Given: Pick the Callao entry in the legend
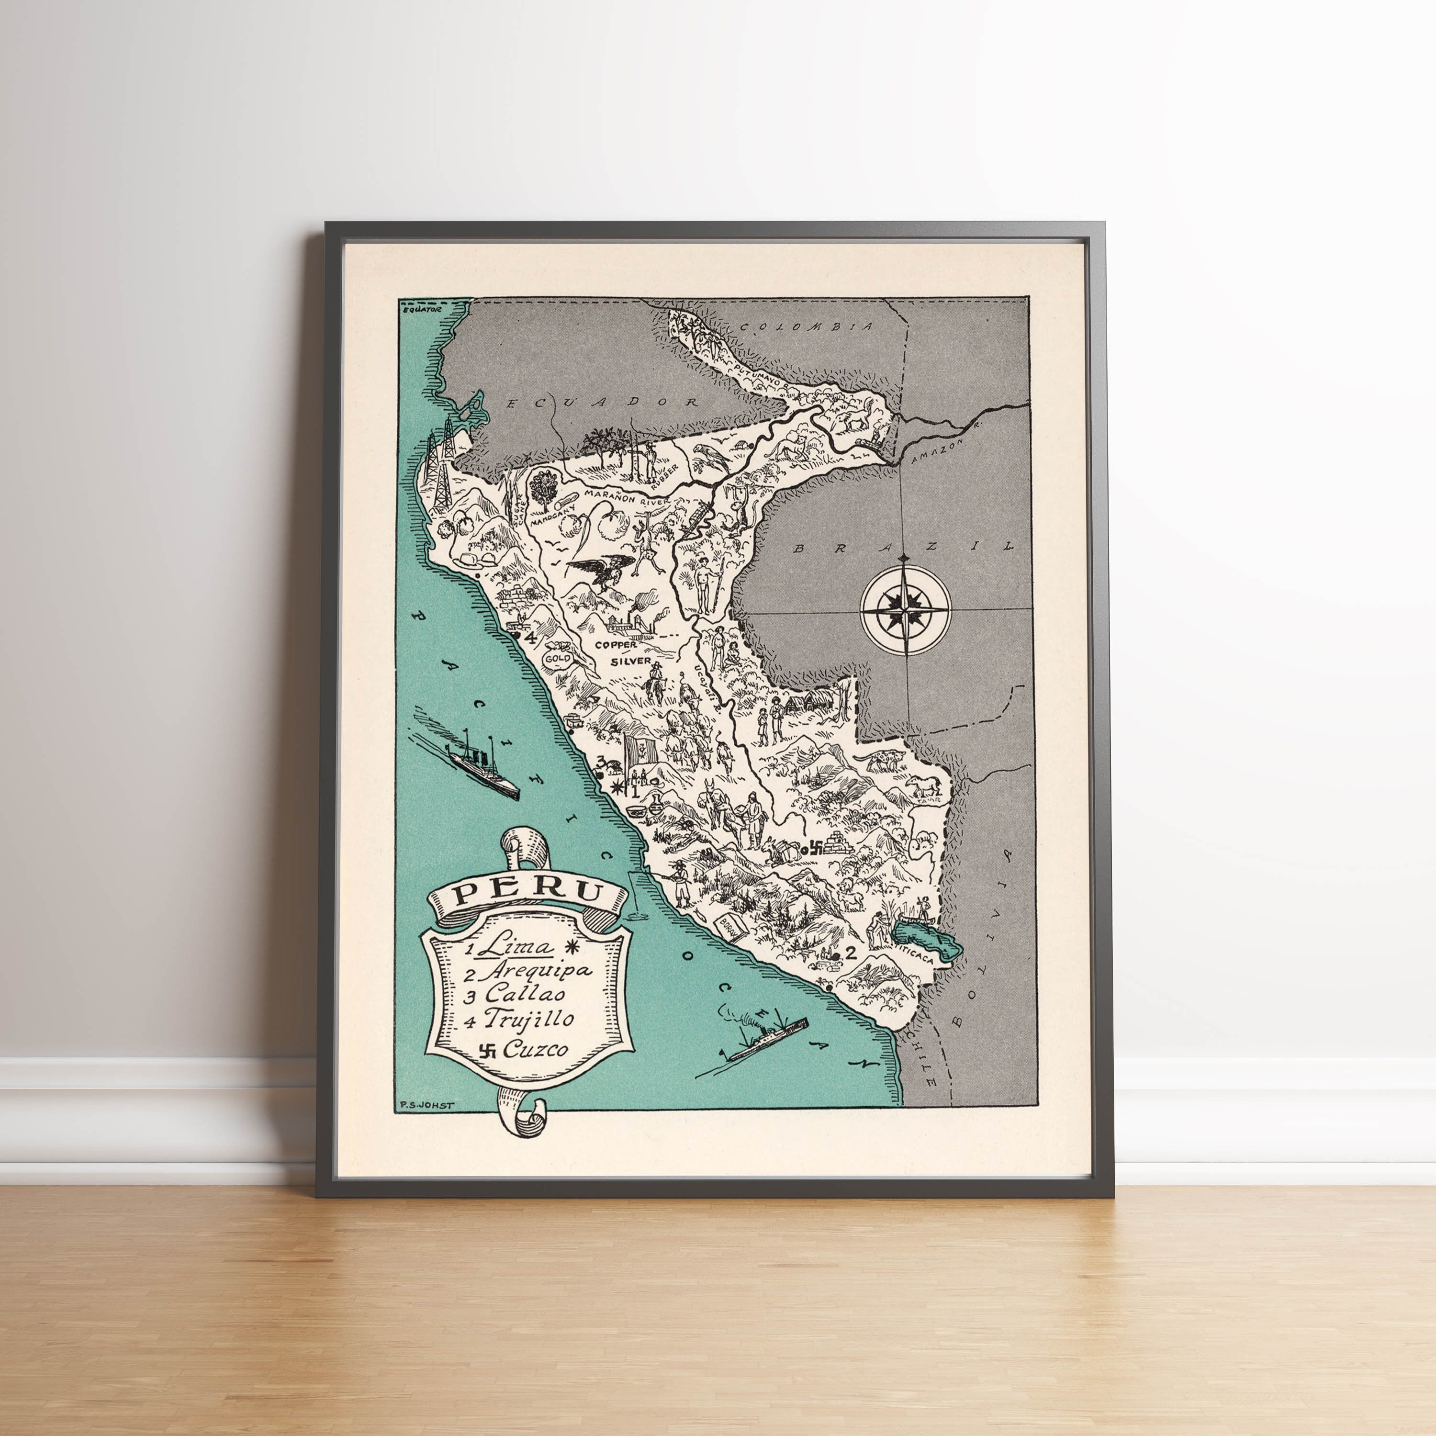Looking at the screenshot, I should tap(525, 994).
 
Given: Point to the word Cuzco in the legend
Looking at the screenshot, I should tap(535, 1049).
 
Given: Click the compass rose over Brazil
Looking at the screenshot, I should tap(905, 609).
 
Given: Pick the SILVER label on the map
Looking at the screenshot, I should tap(631, 661).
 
